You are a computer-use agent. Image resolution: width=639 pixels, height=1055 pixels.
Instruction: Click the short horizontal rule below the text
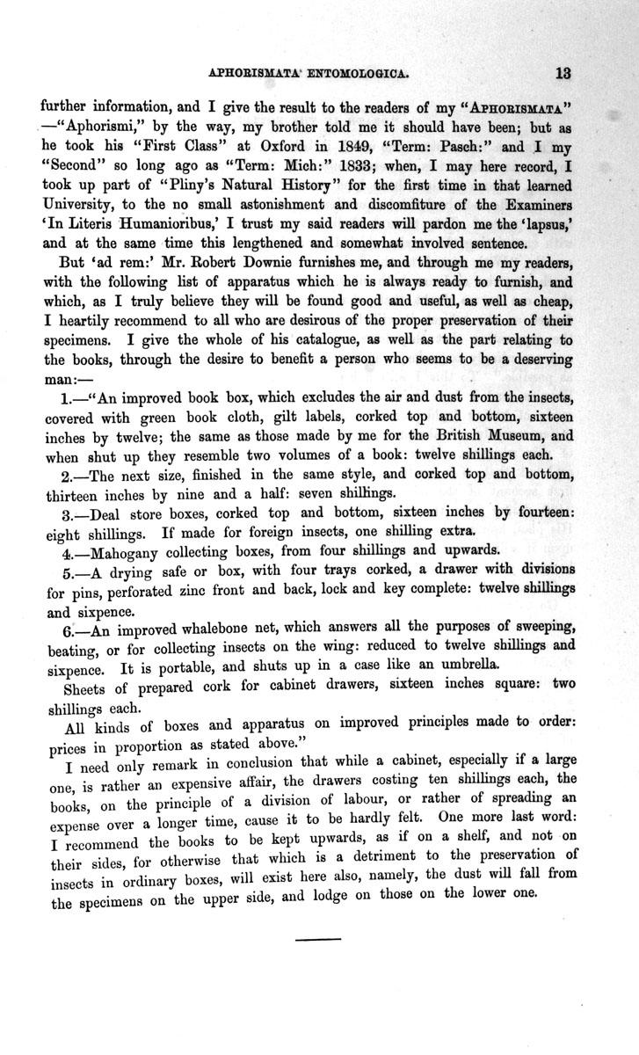tap(316, 942)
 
